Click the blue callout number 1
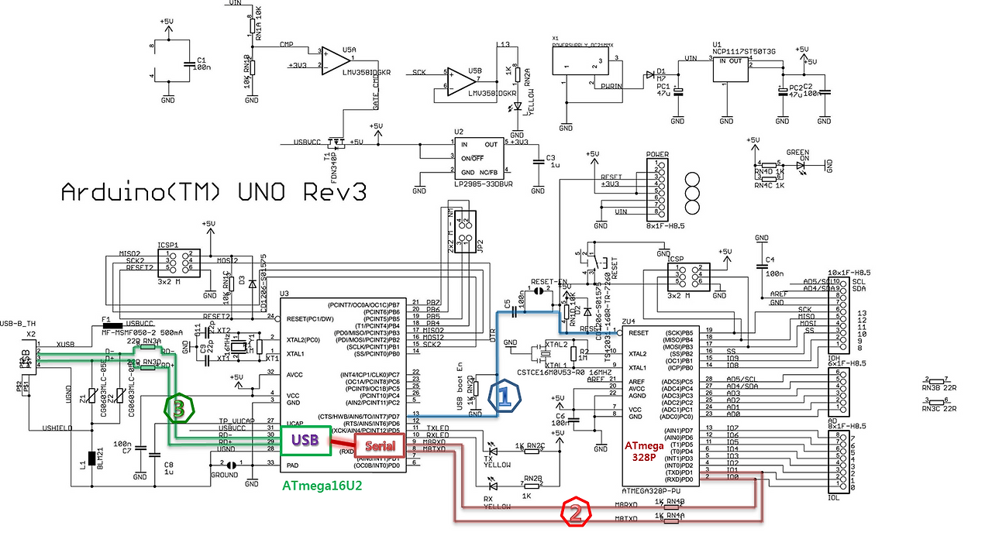(504, 397)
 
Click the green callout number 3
(178, 410)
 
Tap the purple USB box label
(304, 439)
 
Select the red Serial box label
(380, 446)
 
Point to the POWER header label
(657, 154)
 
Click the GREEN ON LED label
(797, 153)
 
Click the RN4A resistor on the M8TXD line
(671, 520)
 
